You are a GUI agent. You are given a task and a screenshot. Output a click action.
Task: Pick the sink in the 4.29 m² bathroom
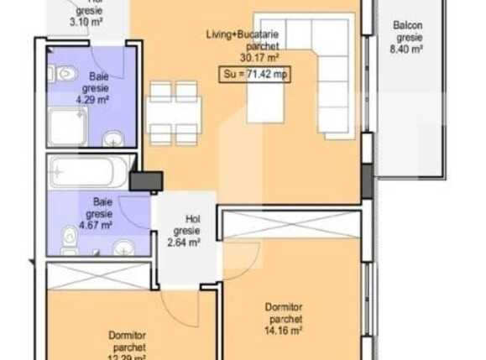[112, 138]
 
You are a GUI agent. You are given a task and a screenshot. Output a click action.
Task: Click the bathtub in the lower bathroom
[88, 173]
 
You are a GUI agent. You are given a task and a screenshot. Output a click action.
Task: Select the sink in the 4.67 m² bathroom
[123, 247]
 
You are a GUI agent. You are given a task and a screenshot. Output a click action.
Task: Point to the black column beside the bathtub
[147, 181]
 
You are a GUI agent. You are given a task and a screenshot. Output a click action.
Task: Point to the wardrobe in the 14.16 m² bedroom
[291, 224]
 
